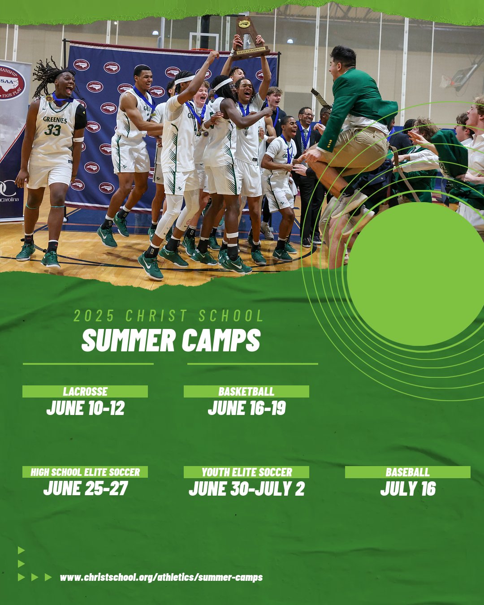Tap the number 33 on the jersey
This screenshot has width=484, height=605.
(x=52, y=130)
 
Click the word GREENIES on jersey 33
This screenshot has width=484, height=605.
(x=55, y=120)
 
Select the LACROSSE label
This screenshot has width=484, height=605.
(x=85, y=391)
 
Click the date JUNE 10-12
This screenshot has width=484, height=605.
(x=86, y=408)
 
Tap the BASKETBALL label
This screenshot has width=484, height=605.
(x=246, y=391)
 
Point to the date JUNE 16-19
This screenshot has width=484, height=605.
(x=246, y=408)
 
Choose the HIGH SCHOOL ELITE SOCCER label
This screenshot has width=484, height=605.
(x=85, y=472)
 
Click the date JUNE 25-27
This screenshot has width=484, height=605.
(x=86, y=488)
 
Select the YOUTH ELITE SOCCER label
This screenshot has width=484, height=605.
(x=246, y=472)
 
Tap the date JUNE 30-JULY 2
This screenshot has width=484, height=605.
(x=246, y=488)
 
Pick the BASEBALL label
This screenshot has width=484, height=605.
(x=407, y=472)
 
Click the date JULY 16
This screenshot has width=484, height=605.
(x=408, y=488)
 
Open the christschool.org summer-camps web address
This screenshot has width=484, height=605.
(x=161, y=577)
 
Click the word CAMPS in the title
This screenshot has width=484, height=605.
(x=221, y=340)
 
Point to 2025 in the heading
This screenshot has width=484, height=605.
(x=94, y=315)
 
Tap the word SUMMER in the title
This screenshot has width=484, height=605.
(x=129, y=340)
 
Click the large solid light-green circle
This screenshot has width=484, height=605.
(x=416, y=274)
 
